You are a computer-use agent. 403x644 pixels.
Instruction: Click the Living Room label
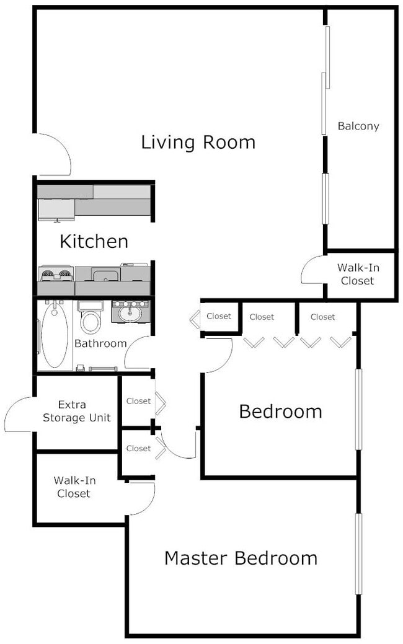pyautogui.click(x=198, y=143)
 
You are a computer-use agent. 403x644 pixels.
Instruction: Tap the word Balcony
pyautogui.click(x=358, y=126)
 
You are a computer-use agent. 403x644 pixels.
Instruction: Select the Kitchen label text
pyautogui.click(x=94, y=241)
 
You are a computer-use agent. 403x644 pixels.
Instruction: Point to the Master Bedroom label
pyautogui.click(x=241, y=558)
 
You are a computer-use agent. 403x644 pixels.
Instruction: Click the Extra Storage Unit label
pyautogui.click(x=77, y=411)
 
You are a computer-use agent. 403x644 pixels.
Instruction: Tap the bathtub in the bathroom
pyautogui.click(x=55, y=335)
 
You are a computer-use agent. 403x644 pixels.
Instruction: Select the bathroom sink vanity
pyautogui.click(x=131, y=312)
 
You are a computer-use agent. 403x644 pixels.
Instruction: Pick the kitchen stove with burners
pyautogui.click(x=56, y=275)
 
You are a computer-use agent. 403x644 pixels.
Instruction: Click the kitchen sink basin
pyautogui.click(x=105, y=275)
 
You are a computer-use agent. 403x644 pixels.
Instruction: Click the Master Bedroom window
pyautogui.click(x=358, y=554)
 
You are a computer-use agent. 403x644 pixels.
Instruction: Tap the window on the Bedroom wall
pyautogui.click(x=358, y=409)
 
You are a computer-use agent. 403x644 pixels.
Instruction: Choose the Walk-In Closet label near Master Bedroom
pyautogui.click(x=74, y=487)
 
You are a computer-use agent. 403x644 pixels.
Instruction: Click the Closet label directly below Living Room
pyautogui.click(x=218, y=316)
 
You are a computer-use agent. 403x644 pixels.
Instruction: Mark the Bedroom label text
pyautogui.click(x=281, y=412)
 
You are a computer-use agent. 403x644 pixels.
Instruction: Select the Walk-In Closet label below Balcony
pyautogui.click(x=358, y=275)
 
